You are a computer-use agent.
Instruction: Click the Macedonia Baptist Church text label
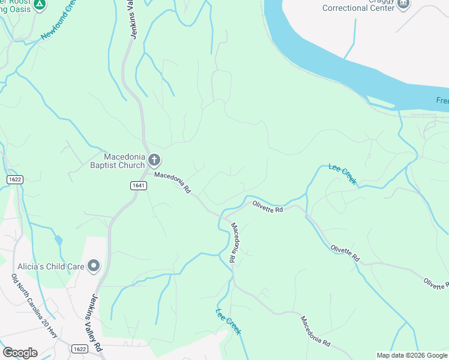(x=118, y=160)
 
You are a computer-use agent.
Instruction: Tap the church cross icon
(x=154, y=160)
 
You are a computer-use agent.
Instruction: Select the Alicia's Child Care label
(x=55, y=265)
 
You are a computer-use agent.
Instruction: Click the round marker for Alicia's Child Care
(x=93, y=265)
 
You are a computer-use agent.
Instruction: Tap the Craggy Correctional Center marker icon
(x=403, y=3)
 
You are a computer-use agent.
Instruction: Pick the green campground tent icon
(x=39, y=5)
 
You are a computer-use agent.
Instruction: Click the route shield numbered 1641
(x=138, y=185)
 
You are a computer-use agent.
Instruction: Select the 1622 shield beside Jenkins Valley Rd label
(x=79, y=349)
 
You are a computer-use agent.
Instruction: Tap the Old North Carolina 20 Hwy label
(x=35, y=307)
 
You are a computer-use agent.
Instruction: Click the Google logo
(x=20, y=353)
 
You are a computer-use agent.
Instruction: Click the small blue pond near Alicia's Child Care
(x=58, y=241)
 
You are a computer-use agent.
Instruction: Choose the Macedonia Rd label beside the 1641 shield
(x=172, y=182)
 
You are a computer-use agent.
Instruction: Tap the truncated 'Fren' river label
(x=442, y=100)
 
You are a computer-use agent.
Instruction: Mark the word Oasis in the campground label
(x=17, y=9)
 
